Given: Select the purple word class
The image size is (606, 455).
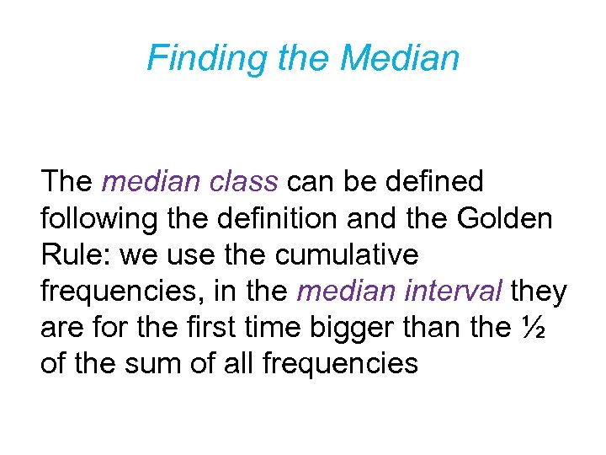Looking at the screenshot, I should coord(247,181).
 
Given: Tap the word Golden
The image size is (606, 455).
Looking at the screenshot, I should coord(503,218).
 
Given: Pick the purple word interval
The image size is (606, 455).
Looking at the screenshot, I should coord(455,291).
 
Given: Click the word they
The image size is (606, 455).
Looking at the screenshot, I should coord(539,291).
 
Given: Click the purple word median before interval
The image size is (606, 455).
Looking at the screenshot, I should coord(348,291).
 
